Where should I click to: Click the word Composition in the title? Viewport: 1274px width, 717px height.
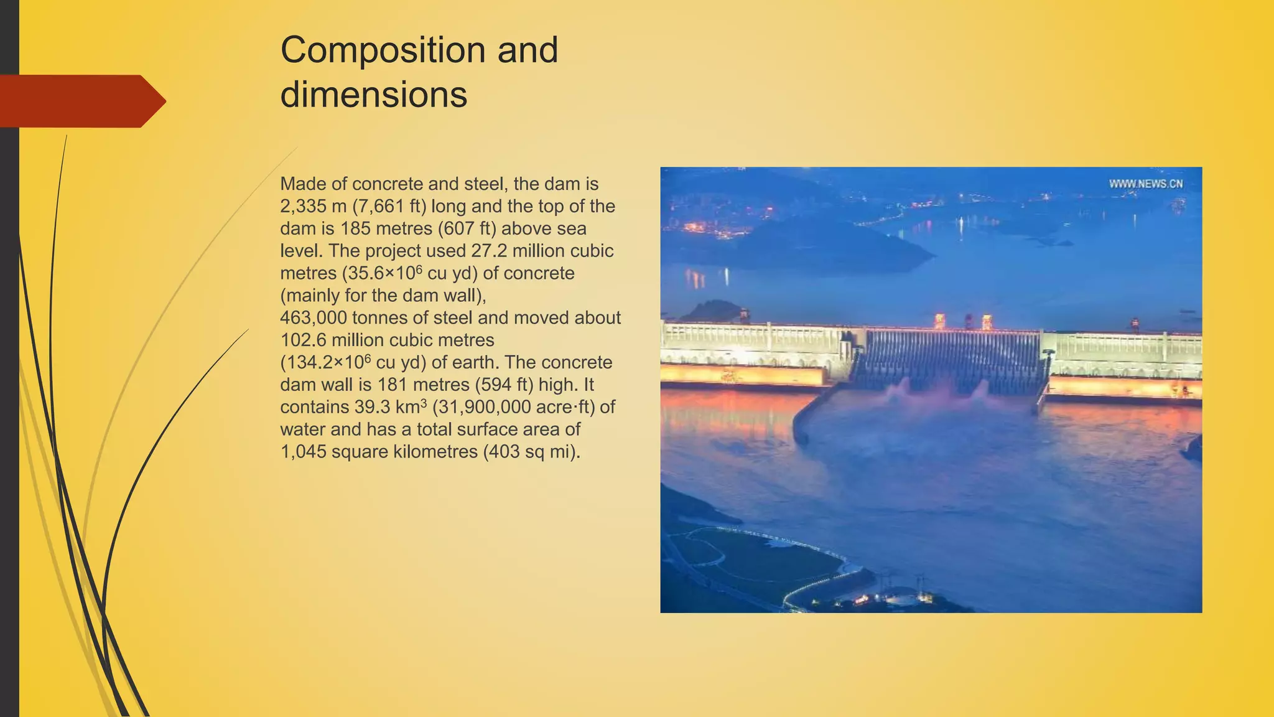tap(381, 50)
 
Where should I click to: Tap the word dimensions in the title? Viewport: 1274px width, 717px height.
tap(373, 95)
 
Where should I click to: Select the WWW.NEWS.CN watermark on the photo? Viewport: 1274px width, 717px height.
tap(1146, 184)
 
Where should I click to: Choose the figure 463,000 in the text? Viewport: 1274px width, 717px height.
tap(314, 318)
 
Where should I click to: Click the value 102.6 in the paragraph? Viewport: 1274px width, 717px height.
tap(303, 340)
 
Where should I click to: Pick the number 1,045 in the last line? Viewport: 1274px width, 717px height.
tap(303, 452)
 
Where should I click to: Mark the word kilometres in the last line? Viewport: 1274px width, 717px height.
tap(435, 452)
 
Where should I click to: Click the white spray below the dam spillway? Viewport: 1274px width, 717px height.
tap(933, 392)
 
